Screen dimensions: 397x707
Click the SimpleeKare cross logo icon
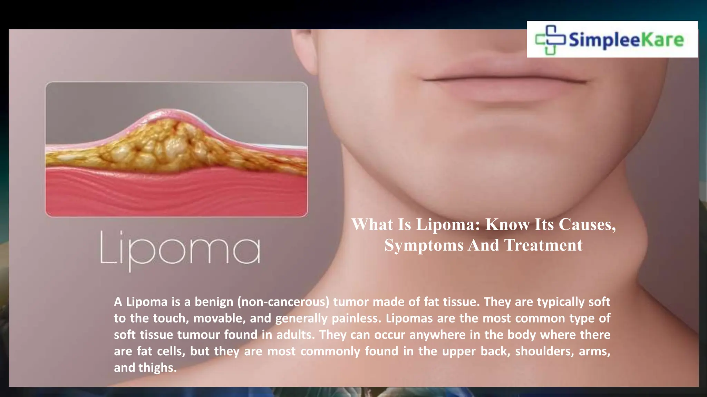coord(550,40)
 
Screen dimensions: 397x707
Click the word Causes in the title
coord(587,225)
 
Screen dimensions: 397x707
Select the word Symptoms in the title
coord(424,245)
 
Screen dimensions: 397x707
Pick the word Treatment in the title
coord(543,245)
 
